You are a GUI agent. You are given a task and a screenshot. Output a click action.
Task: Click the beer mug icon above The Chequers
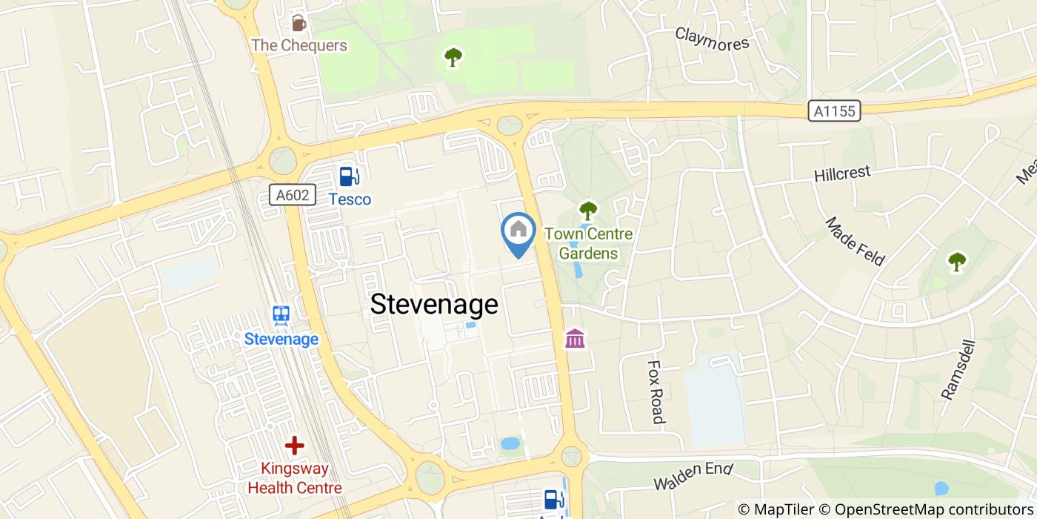pyautogui.click(x=299, y=22)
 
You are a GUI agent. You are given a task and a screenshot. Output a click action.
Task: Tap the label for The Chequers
pyautogui.click(x=299, y=45)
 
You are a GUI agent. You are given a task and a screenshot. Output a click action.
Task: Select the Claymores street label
pyautogui.click(x=712, y=39)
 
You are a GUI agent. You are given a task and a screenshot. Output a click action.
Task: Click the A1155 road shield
pyautogui.click(x=834, y=111)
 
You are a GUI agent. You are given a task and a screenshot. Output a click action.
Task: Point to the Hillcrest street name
pyautogui.click(x=842, y=173)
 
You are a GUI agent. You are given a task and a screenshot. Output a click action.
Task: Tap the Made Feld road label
pyautogui.click(x=855, y=241)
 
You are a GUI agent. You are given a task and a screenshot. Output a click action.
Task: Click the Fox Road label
pyautogui.click(x=656, y=392)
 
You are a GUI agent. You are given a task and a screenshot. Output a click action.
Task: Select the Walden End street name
pyautogui.click(x=693, y=476)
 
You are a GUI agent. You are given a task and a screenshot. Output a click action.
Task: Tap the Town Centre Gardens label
pyautogui.click(x=588, y=244)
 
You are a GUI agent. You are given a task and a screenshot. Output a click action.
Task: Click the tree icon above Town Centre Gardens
pyautogui.click(x=588, y=211)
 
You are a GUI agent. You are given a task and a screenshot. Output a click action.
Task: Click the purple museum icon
pyautogui.click(x=575, y=339)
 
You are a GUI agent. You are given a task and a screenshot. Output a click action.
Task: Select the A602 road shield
pyautogui.click(x=293, y=196)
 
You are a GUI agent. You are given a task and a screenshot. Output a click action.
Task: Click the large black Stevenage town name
pyautogui.click(x=434, y=304)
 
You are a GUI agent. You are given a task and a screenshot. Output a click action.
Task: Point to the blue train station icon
pyautogui.click(x=281, y=316)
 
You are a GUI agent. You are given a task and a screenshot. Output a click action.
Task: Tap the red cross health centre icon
pyautogui.click(x=295, y=446)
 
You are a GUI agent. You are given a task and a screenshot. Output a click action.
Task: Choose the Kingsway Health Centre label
pyautogui.click(x=295, y=478)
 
